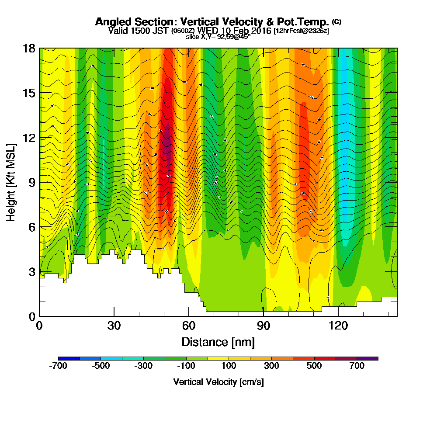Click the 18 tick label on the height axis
pos(29,48)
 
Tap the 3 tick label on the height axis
pos(31,272)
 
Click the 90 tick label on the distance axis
pos(264,326)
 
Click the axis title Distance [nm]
pos(218,341)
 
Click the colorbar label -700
pos(58,366)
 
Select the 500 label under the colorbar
pos(315,366)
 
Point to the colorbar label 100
pos(229,366)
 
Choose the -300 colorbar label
pos(144,366)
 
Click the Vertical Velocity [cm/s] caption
pos(218,382)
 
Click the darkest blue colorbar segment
pos(69,358)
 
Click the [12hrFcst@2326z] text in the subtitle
pos(301,31)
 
